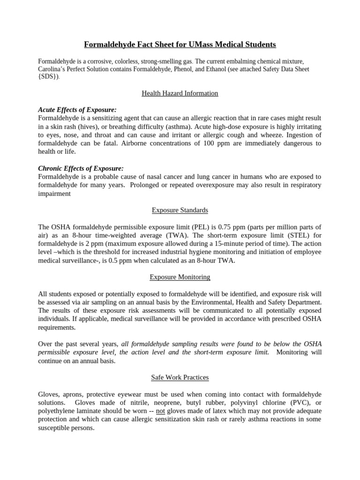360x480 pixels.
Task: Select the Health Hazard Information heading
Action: tap(180, 93)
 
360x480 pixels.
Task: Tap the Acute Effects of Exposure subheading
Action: tap(77, 110)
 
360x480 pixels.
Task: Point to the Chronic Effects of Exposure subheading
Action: tap(81, 168)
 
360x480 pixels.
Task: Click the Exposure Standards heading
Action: tap(180, 210)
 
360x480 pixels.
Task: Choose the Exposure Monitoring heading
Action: tap(180, 277)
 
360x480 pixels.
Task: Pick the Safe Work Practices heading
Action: tap(180, 377)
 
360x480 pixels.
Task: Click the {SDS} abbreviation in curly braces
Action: tap(49, 77)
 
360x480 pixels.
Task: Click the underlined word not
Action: tap(160, 411)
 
